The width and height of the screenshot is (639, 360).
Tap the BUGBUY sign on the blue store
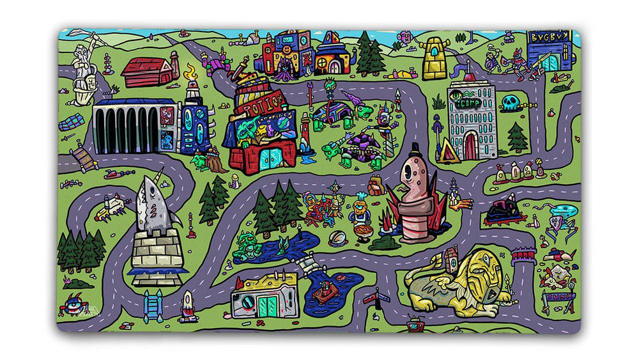[548, 37]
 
